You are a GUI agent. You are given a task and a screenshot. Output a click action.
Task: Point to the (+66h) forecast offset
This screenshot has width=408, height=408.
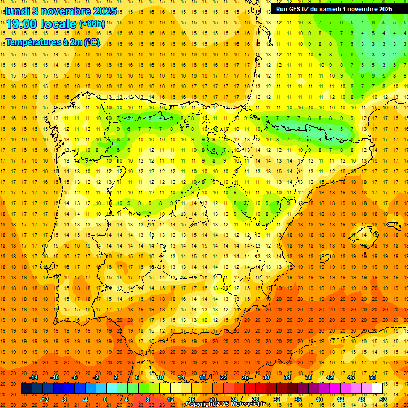(92, 24)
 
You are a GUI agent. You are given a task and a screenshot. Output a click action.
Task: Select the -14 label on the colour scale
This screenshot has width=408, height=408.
(33, 377)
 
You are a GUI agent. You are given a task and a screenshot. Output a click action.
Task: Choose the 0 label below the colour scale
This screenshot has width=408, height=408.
(105, 399)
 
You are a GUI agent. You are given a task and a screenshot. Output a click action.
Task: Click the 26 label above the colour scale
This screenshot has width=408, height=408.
(245, 377)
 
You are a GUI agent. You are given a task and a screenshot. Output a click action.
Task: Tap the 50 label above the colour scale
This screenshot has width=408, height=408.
(372, 377)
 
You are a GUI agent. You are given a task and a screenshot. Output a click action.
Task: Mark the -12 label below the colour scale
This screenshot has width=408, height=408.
(44, 399)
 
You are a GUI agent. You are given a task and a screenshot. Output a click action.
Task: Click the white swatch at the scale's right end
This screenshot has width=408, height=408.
(378, 388)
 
